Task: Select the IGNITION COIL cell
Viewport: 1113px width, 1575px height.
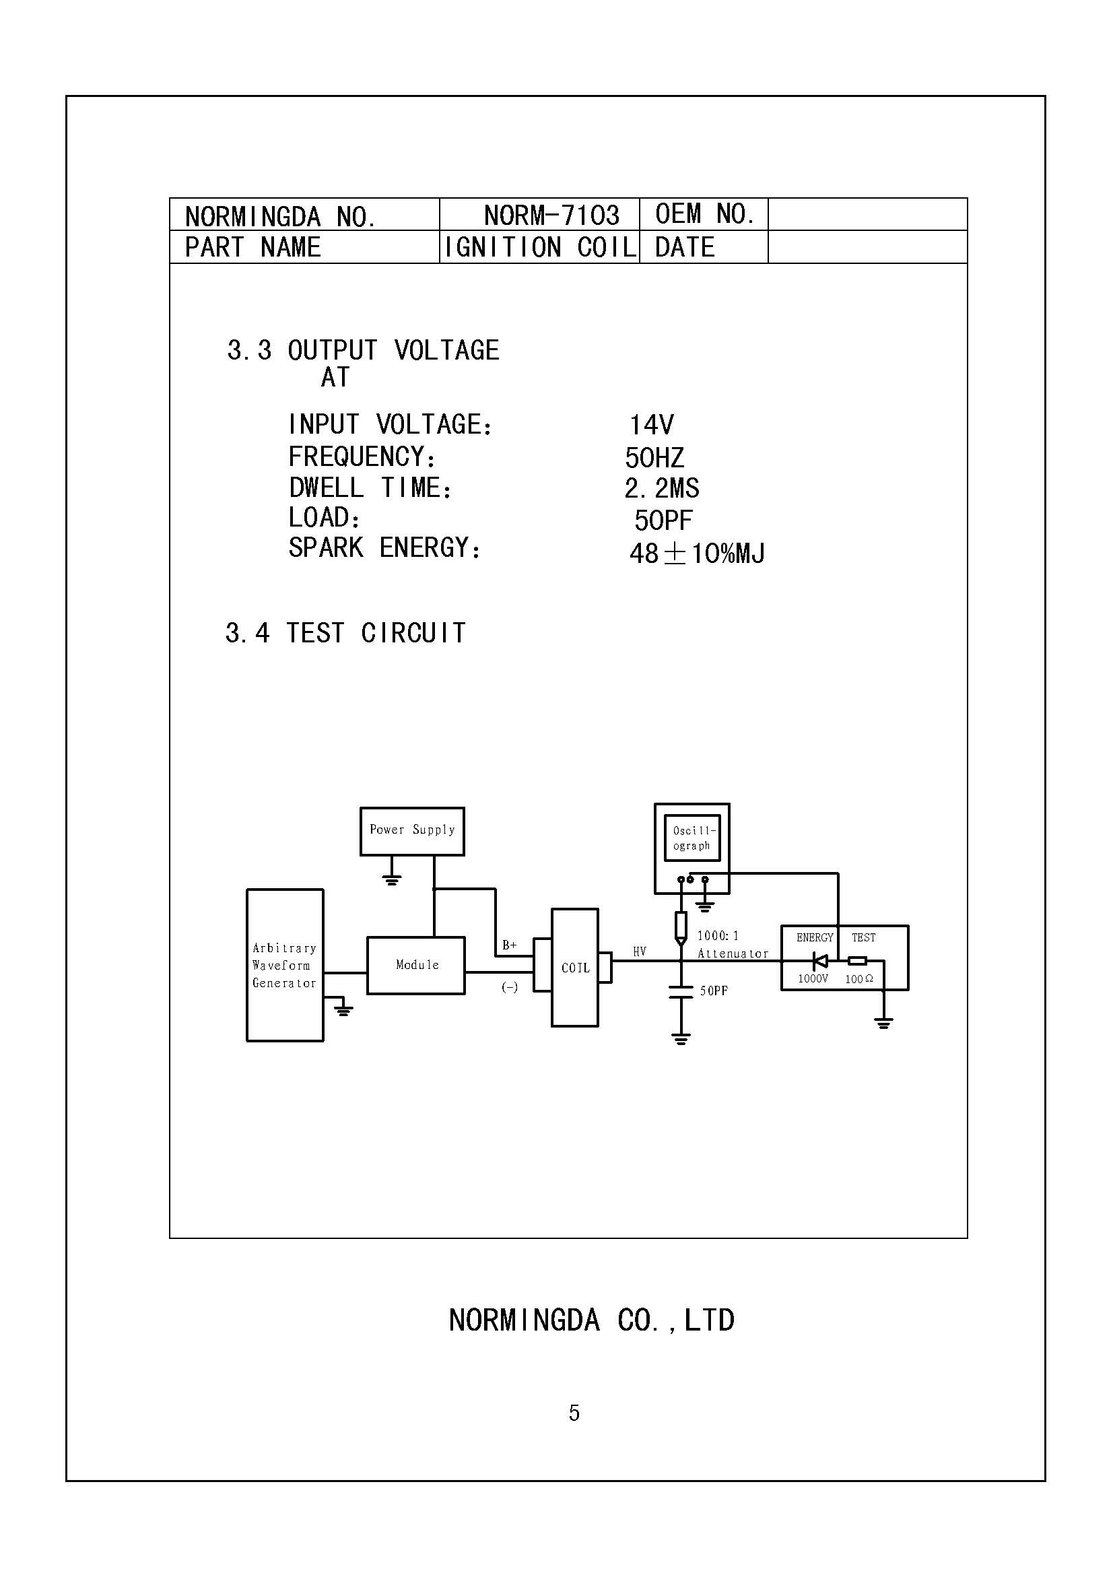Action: pos(540,247)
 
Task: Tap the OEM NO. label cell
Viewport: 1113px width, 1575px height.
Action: pos(704,214)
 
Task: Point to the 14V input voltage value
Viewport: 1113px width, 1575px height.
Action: pos(652,425)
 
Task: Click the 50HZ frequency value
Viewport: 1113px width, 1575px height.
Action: pos(654,457)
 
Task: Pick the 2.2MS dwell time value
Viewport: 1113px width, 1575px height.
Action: pos(661,488)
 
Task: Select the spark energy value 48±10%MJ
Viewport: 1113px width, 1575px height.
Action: pos(696,553)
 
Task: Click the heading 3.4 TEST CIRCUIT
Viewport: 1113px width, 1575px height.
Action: pos(345,632)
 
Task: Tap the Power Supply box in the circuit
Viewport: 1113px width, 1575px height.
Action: pos(412,830)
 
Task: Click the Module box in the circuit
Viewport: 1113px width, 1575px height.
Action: pos(416,965)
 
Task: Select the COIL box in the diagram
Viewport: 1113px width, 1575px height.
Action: pos(574,968)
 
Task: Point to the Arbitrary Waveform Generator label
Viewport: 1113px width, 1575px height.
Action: pos(284,965)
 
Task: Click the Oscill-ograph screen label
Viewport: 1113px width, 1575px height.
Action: pos(693,838)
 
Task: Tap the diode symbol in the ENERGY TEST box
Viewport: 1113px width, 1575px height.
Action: pos(819,961)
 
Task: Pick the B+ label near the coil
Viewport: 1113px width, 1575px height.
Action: pos(510,945)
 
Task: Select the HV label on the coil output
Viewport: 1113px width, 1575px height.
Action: pos(639,951)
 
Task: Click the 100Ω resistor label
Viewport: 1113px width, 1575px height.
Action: pos(858,979)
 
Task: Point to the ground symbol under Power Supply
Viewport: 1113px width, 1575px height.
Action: pos(392,879)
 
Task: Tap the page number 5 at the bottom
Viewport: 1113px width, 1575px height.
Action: pos(574,1413)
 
